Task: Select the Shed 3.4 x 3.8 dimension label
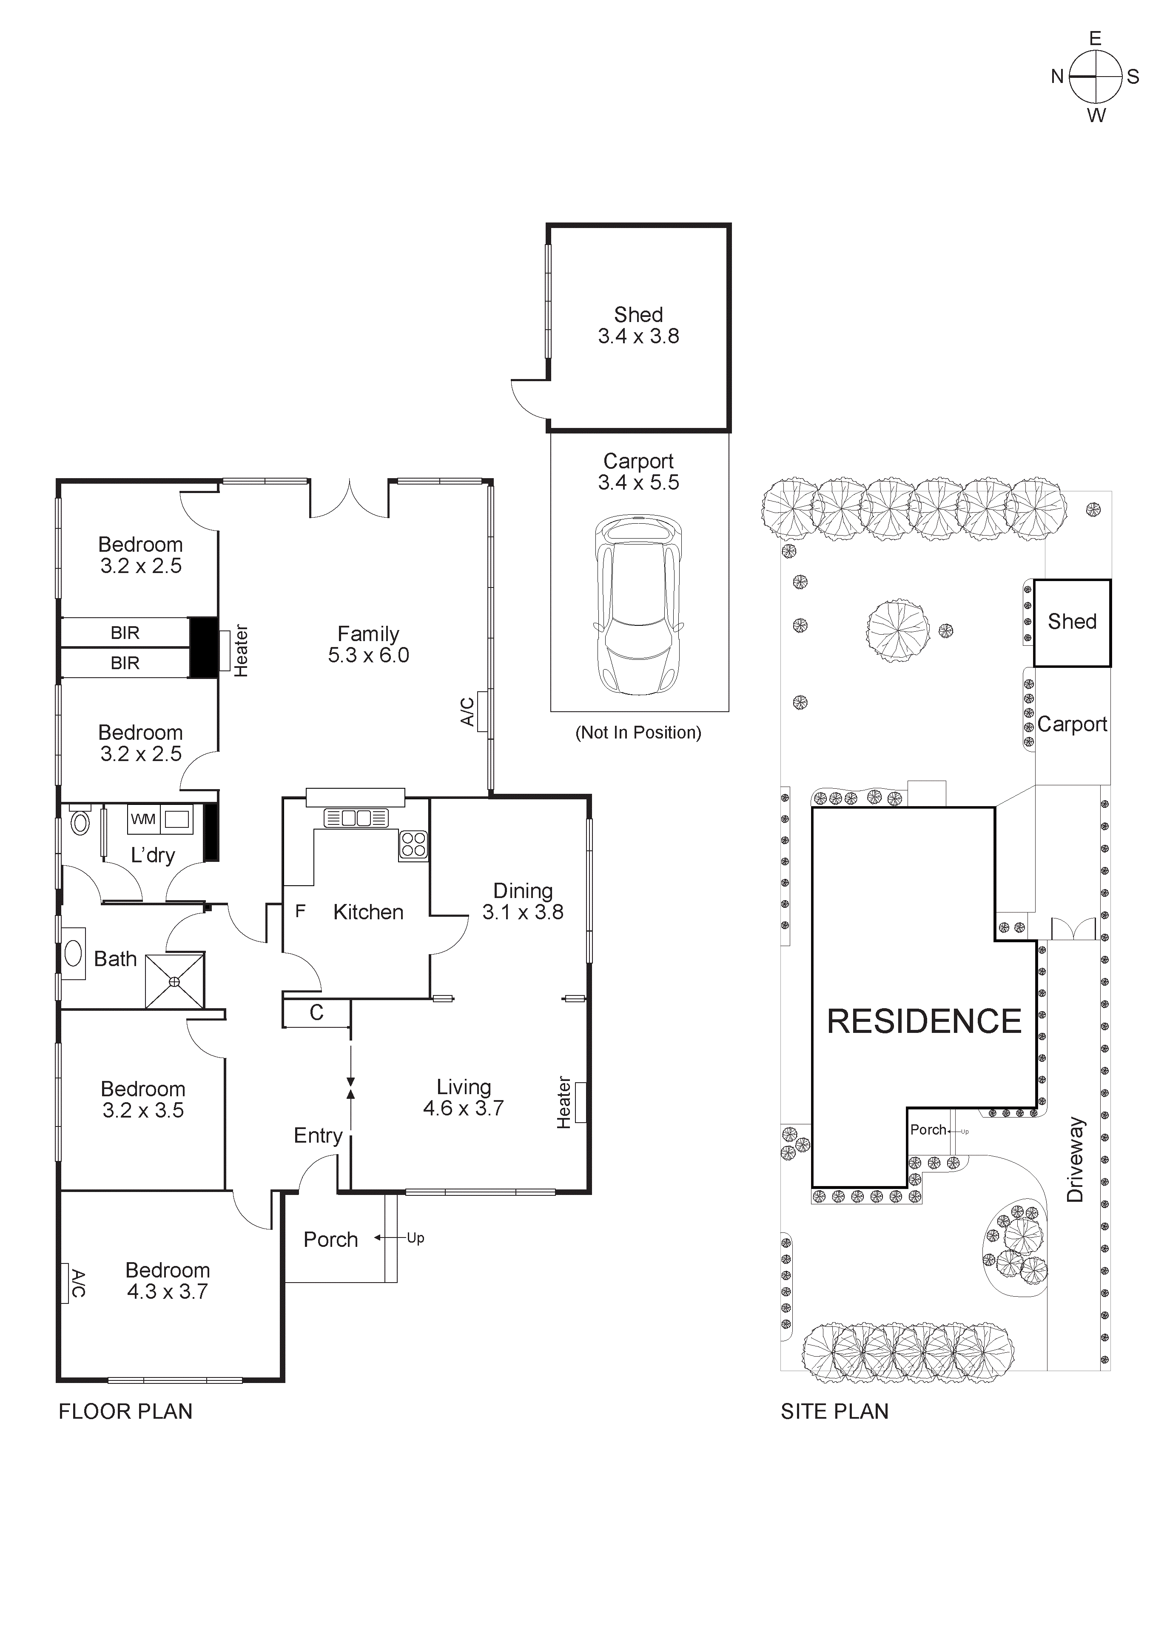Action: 638,336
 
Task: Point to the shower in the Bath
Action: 175,981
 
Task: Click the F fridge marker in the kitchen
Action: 301,911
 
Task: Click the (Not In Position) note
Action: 638,732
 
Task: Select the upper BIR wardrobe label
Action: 125,633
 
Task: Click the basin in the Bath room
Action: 73,953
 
